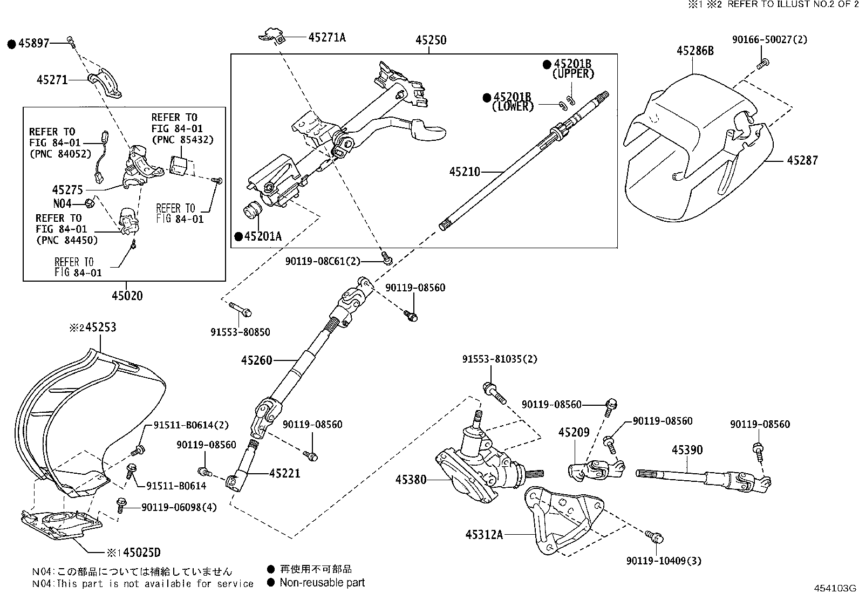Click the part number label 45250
coord(431,40)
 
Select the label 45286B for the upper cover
coord(695,51)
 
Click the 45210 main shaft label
coord(465,172)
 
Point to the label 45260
coord(257,360)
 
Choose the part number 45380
coord(411,479)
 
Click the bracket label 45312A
coord(484,535)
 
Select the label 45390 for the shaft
coord(687,450)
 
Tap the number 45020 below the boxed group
coord(127,296)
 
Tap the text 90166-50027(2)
coord(769,40)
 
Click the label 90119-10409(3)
coord(664,561)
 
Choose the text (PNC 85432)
coord(182,140)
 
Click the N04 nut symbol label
coord(62,203)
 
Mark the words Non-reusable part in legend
coord(322,583)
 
